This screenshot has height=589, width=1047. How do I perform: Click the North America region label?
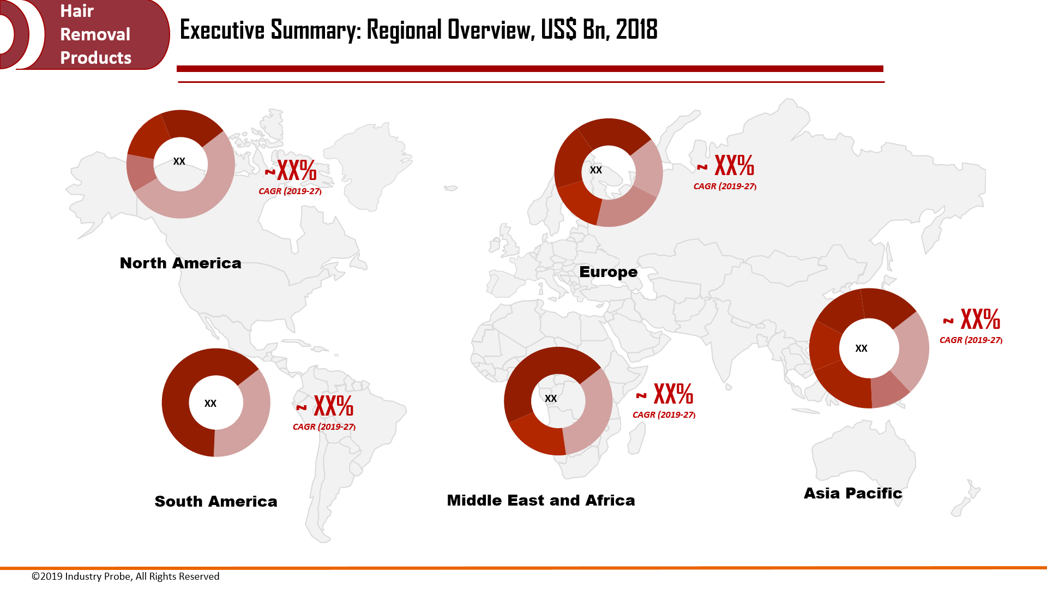coord(180,263)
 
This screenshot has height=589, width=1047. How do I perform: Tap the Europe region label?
coord(608,272)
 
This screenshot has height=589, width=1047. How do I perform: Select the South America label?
coord(216,501)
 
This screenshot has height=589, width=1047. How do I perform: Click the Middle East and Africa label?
coord(540,500)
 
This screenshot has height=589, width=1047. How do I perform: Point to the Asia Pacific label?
coord(853,493)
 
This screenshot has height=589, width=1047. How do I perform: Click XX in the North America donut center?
coord(179,161)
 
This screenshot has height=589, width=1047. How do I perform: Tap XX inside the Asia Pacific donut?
coord(861,348)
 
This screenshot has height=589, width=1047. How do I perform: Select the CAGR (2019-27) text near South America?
coord(324,426)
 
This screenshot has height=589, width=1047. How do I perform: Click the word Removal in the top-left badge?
coord(95,34)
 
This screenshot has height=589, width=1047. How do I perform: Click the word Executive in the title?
coord(222,30)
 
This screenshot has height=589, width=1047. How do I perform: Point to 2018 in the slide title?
coord(636,30)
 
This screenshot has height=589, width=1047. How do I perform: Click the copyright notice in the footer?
coord(125,576)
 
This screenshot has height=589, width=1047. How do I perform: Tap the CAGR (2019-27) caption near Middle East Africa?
coord(664,414)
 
